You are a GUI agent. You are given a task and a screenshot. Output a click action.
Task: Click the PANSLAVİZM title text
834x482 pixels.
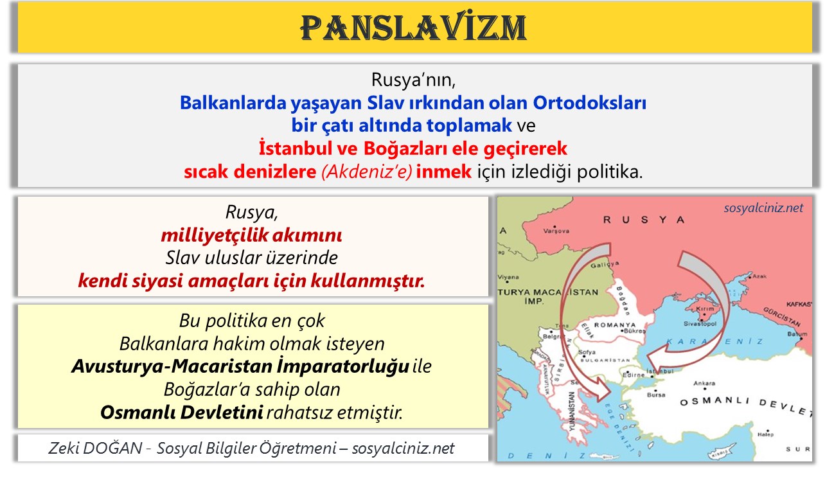[414, 28]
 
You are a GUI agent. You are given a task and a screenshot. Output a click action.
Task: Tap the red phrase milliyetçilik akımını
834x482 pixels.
[251, 235]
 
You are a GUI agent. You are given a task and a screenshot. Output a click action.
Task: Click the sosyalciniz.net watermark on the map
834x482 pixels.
[763, 208]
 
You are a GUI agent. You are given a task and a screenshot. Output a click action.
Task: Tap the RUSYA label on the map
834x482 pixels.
[644, 220]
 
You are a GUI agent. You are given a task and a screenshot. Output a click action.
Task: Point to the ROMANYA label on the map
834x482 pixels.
[614, 325]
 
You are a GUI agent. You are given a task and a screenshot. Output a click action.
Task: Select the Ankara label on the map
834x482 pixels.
[704, 384]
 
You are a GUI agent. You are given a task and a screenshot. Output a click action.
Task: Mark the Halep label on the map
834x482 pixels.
[765, 434]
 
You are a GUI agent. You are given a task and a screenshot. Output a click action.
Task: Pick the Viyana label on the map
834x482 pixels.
[508, 277]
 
